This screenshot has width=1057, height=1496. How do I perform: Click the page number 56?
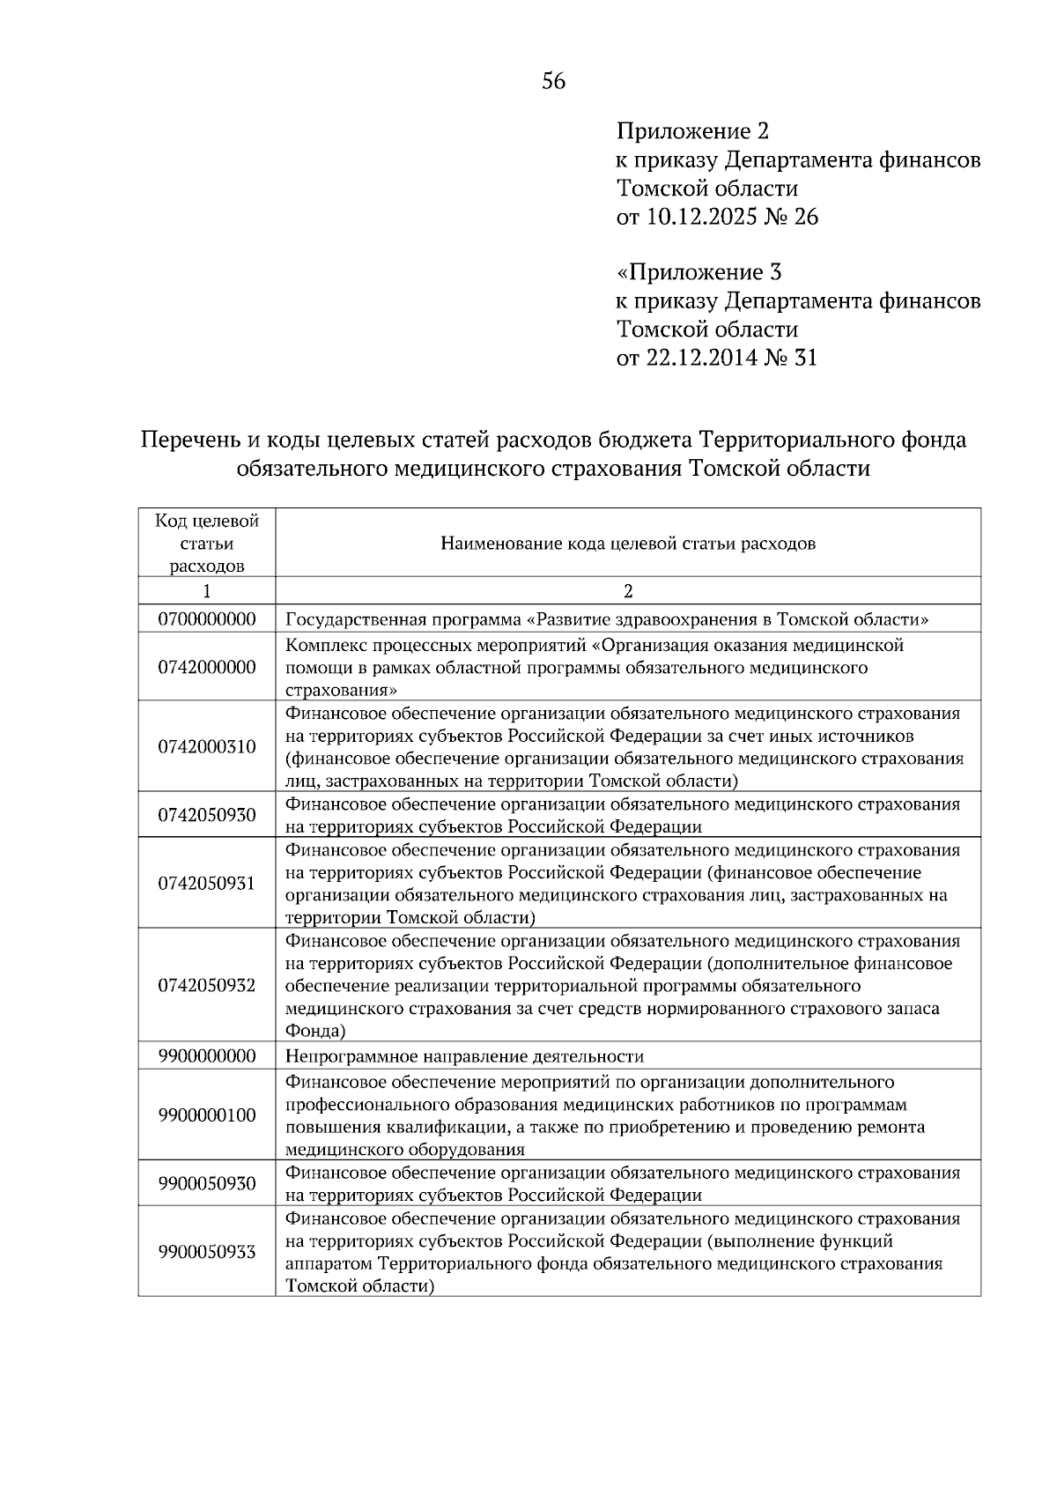point(553,82)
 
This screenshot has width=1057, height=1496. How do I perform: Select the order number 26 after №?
point(806,217)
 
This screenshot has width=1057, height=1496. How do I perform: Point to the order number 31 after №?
point(805,358)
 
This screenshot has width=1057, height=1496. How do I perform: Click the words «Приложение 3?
point(699,272)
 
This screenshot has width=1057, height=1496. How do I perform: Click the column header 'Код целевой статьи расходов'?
point(207,544)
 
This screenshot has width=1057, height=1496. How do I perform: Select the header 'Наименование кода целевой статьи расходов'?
point(628,544)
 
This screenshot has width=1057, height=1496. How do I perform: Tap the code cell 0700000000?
point(207,619)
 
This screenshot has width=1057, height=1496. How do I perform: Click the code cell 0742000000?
point(207,668)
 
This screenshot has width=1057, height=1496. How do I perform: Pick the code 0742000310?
point(207,747)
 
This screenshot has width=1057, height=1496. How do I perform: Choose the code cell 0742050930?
point(207,815)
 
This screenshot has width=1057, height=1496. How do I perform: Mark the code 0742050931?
point(207,884)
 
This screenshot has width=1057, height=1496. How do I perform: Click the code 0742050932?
point(207,986)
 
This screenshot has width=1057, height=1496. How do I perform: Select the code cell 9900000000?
point(207,1056)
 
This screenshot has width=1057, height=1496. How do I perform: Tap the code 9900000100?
point(207,1115)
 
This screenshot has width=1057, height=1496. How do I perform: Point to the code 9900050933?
point(207,1252)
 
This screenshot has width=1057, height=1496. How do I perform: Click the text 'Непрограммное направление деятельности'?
point(465,1056)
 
